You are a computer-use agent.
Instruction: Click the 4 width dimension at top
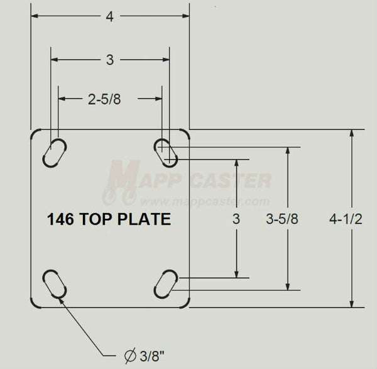pos(110,18)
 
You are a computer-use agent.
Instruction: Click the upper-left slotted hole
pos(55,152)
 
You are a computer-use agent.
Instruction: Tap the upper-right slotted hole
pos(166,152)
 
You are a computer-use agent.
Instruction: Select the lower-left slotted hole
pos(55,285)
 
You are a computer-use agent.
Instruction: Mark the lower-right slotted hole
pos(166,285)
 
